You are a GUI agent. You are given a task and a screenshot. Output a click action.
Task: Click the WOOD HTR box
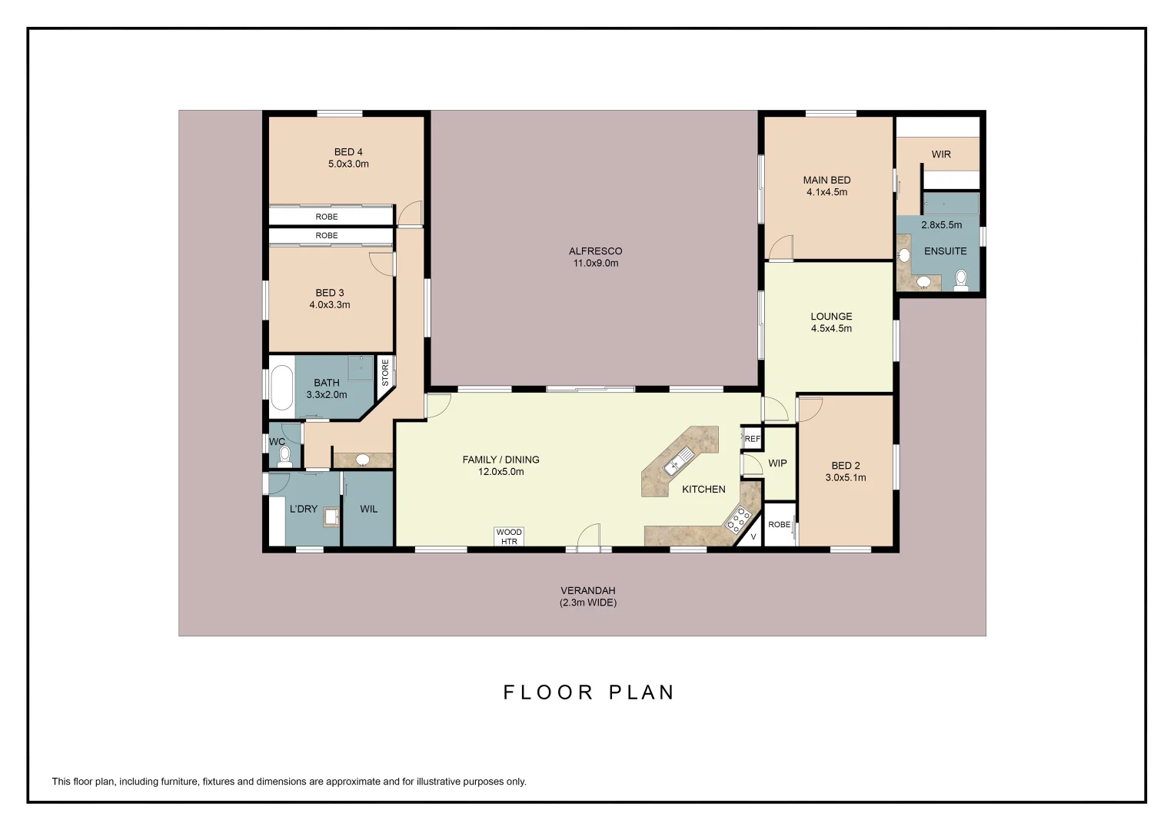click(x=509, y=536)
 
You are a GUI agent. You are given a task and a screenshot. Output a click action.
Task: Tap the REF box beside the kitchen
click(x=752, y=439)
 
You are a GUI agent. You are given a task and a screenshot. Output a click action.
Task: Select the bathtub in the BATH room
click(x=282, y=388)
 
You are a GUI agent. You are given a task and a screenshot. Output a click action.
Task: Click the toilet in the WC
click(x=284, y=456)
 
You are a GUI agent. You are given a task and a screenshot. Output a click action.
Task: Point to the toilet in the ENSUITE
click(x=961, y=280)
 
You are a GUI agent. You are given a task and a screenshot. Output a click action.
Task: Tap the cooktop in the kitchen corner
click(x=738, y=520)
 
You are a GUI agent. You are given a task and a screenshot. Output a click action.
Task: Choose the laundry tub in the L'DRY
click(x=331, y=516)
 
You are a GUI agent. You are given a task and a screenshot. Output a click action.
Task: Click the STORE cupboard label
click(x=385, y=372)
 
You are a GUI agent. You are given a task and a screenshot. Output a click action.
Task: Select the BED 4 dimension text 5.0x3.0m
click(x=348, y=164)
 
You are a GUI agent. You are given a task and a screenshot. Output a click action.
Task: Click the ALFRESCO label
click(x=595, y=251)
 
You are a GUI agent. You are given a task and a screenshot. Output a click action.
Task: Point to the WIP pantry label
click(x=777, y=463)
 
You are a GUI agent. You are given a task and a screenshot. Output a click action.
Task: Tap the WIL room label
click(x=368, y=509)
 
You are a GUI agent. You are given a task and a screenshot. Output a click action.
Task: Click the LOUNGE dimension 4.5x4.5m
click(x=831, y=329)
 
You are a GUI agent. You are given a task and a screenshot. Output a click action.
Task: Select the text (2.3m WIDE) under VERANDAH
click(x=588, y=603)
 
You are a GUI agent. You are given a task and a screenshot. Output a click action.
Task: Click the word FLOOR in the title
click(x=547, y=692)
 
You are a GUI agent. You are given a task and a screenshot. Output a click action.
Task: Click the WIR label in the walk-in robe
click(x=941, y=154)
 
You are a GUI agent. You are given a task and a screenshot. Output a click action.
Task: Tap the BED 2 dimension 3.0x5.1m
click(x=846, y=478)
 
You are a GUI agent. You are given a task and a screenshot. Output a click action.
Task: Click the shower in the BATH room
click(x=361, y=368)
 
